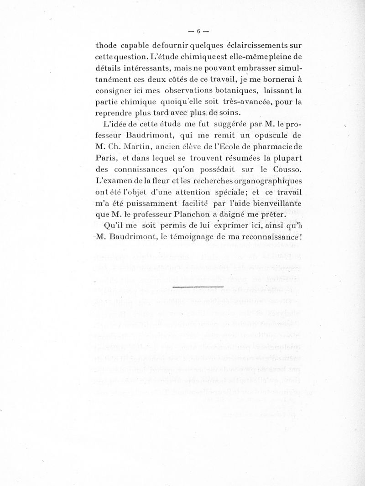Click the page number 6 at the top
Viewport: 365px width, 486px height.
pos(199,31)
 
